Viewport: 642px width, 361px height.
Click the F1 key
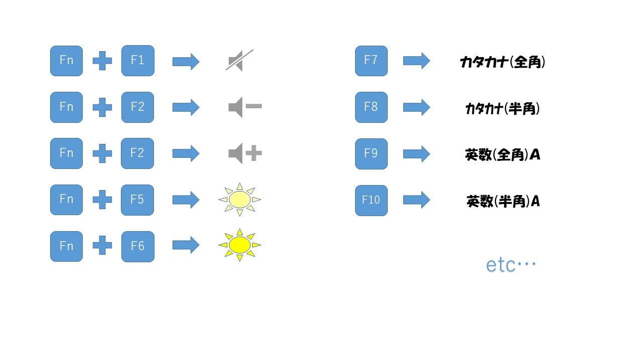(x=138, y=61)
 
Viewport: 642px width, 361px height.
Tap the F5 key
(x=137, y=200)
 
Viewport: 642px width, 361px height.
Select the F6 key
(x=138, y=246)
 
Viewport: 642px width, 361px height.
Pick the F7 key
(x=371, y=61)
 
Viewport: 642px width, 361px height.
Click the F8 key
(x=371, y=107)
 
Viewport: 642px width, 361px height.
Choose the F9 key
(x=371, y=154)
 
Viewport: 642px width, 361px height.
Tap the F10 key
(x=371, y=200)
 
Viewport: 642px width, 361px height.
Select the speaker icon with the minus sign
(x=245, y=107)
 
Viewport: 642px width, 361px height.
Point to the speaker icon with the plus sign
(x=245, y=153)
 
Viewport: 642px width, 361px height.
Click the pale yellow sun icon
(x=240, y=200)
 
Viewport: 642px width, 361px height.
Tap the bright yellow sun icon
(x=240, y=245)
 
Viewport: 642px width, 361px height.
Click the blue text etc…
(x=511, y=264)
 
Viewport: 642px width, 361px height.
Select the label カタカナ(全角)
(x=503, y=62)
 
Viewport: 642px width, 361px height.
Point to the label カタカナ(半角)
(x=503, y=109)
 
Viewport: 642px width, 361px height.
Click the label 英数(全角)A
(x=503, y=155)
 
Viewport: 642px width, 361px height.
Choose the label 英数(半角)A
(x=503, y=201)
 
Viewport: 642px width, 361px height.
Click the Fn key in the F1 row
(x=67, y=61)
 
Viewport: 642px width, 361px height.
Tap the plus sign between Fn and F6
(x=102, y=245)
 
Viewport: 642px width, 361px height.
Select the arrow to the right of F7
(x=417, y=61)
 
